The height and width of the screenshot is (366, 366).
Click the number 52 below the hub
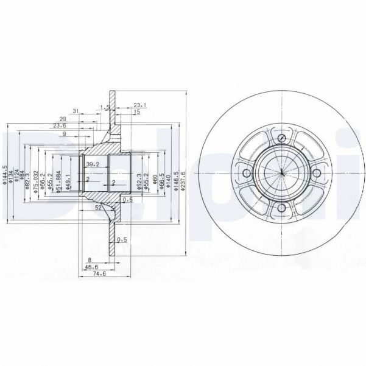click(98, 208)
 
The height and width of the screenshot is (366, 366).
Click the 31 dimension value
click(76, 110)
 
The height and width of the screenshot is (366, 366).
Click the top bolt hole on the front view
click(282, 141)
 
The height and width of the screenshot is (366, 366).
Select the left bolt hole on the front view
click(247, 175)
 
